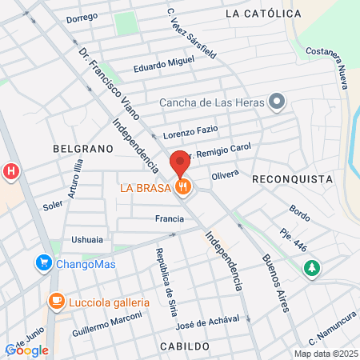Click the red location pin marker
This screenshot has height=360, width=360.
tap(180, 162)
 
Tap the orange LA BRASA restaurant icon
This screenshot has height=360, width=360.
tap(185, 188)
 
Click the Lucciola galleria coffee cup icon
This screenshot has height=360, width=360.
tap(56, 302)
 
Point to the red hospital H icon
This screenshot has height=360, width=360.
tap(11, 170)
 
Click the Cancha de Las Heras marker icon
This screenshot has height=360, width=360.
tap(277, 102)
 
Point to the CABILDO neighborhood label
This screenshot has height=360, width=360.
tap(184, 346)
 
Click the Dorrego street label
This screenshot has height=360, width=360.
tap(82, 17)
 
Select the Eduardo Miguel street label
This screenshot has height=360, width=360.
tap(164, 64)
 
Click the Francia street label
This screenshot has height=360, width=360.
tap(169, 218)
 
